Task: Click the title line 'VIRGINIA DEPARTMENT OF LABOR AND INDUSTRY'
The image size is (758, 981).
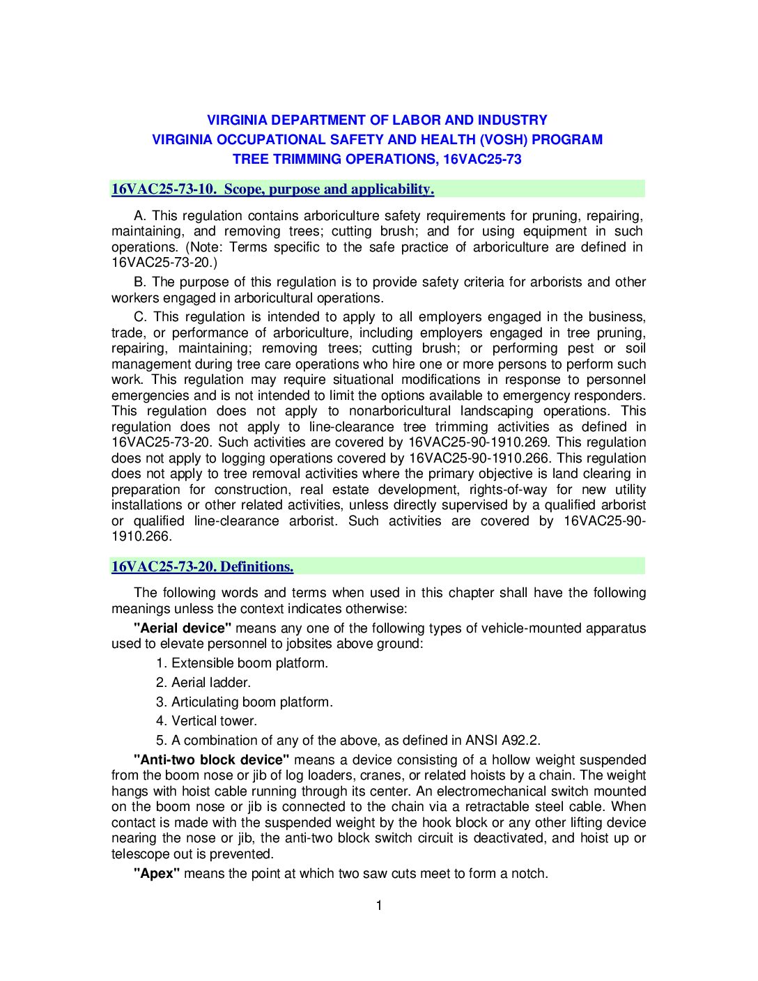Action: (x=377, y=120)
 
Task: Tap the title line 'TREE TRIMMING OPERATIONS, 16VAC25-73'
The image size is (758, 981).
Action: (x=377, y=159)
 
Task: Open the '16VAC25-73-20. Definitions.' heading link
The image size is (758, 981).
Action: (x=202, y=566)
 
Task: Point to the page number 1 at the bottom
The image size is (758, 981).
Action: (x=379, y=905)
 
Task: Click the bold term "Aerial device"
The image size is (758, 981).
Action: (x=183, y=628)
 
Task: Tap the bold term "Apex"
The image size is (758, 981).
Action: (x=157, y=873)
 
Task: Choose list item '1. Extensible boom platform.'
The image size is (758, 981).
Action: (x=242, y=663)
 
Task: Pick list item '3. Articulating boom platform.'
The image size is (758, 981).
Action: (x=245, y=702)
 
